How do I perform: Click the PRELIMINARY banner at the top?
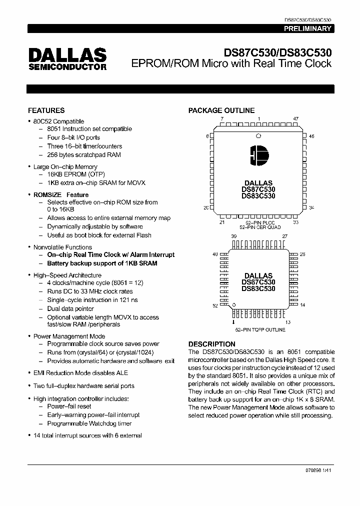pyautogui.click(x=308, y=29)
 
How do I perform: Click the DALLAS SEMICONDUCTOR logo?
pyautogui.click(x=67, y=59)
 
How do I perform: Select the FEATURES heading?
pyautogui.click(x=46, y=110)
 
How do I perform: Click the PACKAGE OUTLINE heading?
pyautogui.click(x=221, y=110)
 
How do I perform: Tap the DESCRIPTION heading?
pyautogui.click(x=211, y=344)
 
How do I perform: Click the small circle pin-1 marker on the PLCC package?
pyautogui.click(x=258, y=135)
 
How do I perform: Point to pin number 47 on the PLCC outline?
pyautogui.click(x=295, y=119)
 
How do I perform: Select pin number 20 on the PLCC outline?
pyautogui.click(x=206, y=207)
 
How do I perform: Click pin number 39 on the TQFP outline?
pyautogui.click(x=233, y=236)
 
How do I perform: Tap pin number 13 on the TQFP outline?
pyautogui.click(x=288, y=322)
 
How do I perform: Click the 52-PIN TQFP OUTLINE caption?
pyautogui.click(x=260, y=330)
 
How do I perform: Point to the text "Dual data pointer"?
pyautogui.click(x=70, y=309)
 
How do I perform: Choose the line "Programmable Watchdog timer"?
pyautogui.click(x=89, y=423)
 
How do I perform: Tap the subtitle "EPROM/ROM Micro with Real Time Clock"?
pyautogui.click(x=231, y=63)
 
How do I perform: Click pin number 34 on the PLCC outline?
pyautogui.click(x=311, y=207)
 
